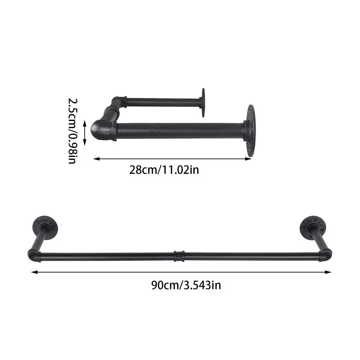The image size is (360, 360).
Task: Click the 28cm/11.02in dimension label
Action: tap(164, 169)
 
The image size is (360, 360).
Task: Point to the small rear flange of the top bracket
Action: tap(203, 103)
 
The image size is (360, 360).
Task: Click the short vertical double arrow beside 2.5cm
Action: tap(85, 132)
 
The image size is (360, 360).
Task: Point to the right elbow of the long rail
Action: tap(324, 256)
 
